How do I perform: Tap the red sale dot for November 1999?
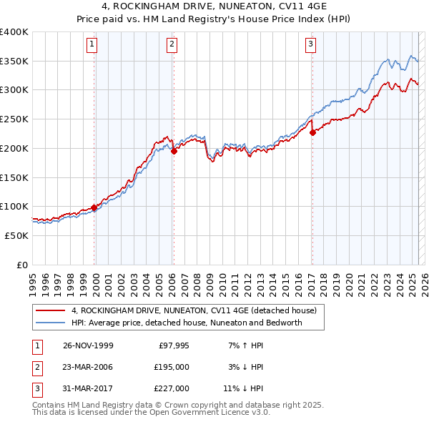pyautogui.click(x=94, y=207)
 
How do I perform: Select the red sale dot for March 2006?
pyautogui.click(x=174, y=151)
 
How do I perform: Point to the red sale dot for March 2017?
pyautogui.click(x=312, y=132)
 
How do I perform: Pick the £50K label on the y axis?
pyautogui.click(x=17, y=235)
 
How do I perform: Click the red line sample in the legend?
pyautogui.click(x=49, y=310)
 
